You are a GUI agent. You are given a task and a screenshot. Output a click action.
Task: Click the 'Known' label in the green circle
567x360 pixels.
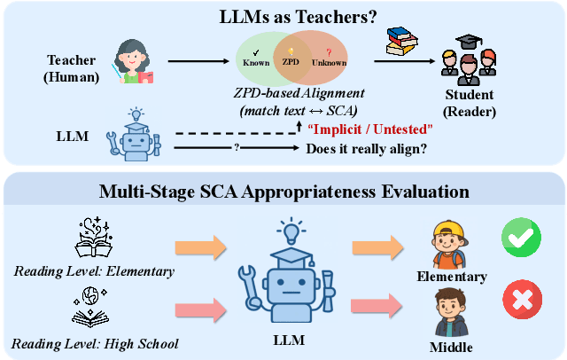(x=256, y=63)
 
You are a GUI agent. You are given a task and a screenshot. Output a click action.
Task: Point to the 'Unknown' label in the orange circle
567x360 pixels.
(x=329, y=63)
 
